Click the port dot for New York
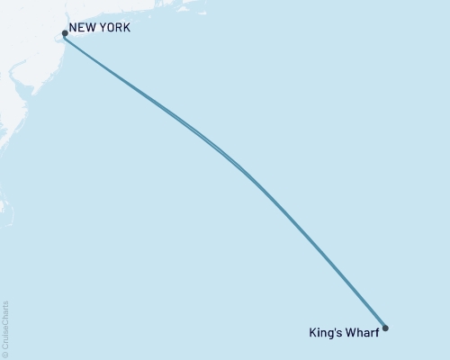pos(65,34)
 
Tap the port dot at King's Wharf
pos(385,328)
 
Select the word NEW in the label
pos(82,28)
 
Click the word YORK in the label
pos(113,28)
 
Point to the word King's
pos(325,331)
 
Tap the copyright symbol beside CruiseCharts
pos(5,355)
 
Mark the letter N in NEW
pos(73,28)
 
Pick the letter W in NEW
pos(90,28)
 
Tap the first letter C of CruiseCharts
pos(5,346)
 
